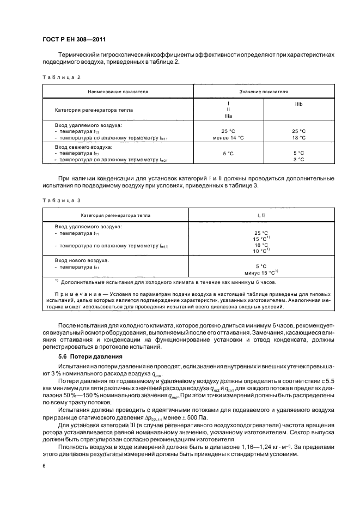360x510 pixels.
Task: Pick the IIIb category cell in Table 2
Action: (x=299, y=103)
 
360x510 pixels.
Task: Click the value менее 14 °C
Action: (x=228, y=138)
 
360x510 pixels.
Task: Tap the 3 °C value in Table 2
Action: (x=298, y=159)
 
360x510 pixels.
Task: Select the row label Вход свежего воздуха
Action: (x=83, y=147)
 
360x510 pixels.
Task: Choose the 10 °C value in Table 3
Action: (x=260, y=251)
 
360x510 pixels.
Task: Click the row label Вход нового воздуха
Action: (x=82, y=260)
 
